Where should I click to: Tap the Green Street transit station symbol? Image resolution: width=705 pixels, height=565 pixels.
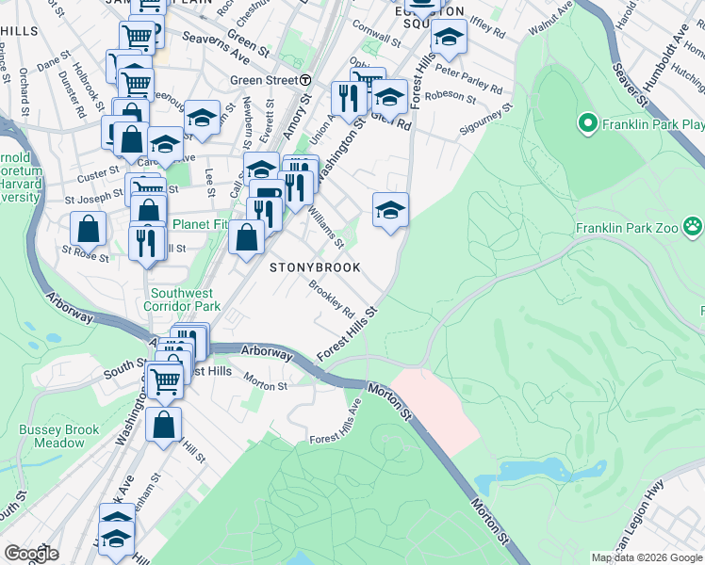click(x=306, y=81)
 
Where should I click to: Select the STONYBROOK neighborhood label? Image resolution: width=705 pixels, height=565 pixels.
click(x=316, y=267)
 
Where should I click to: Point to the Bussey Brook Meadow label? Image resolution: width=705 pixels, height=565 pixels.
click(x=58, y=436)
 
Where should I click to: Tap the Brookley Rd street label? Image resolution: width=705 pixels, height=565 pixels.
click(x=332, y=299)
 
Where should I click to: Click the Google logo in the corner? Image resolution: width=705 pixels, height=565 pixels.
click(x=31, y=554)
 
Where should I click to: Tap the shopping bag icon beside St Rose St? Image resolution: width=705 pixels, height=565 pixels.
click(x=88, y=228)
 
